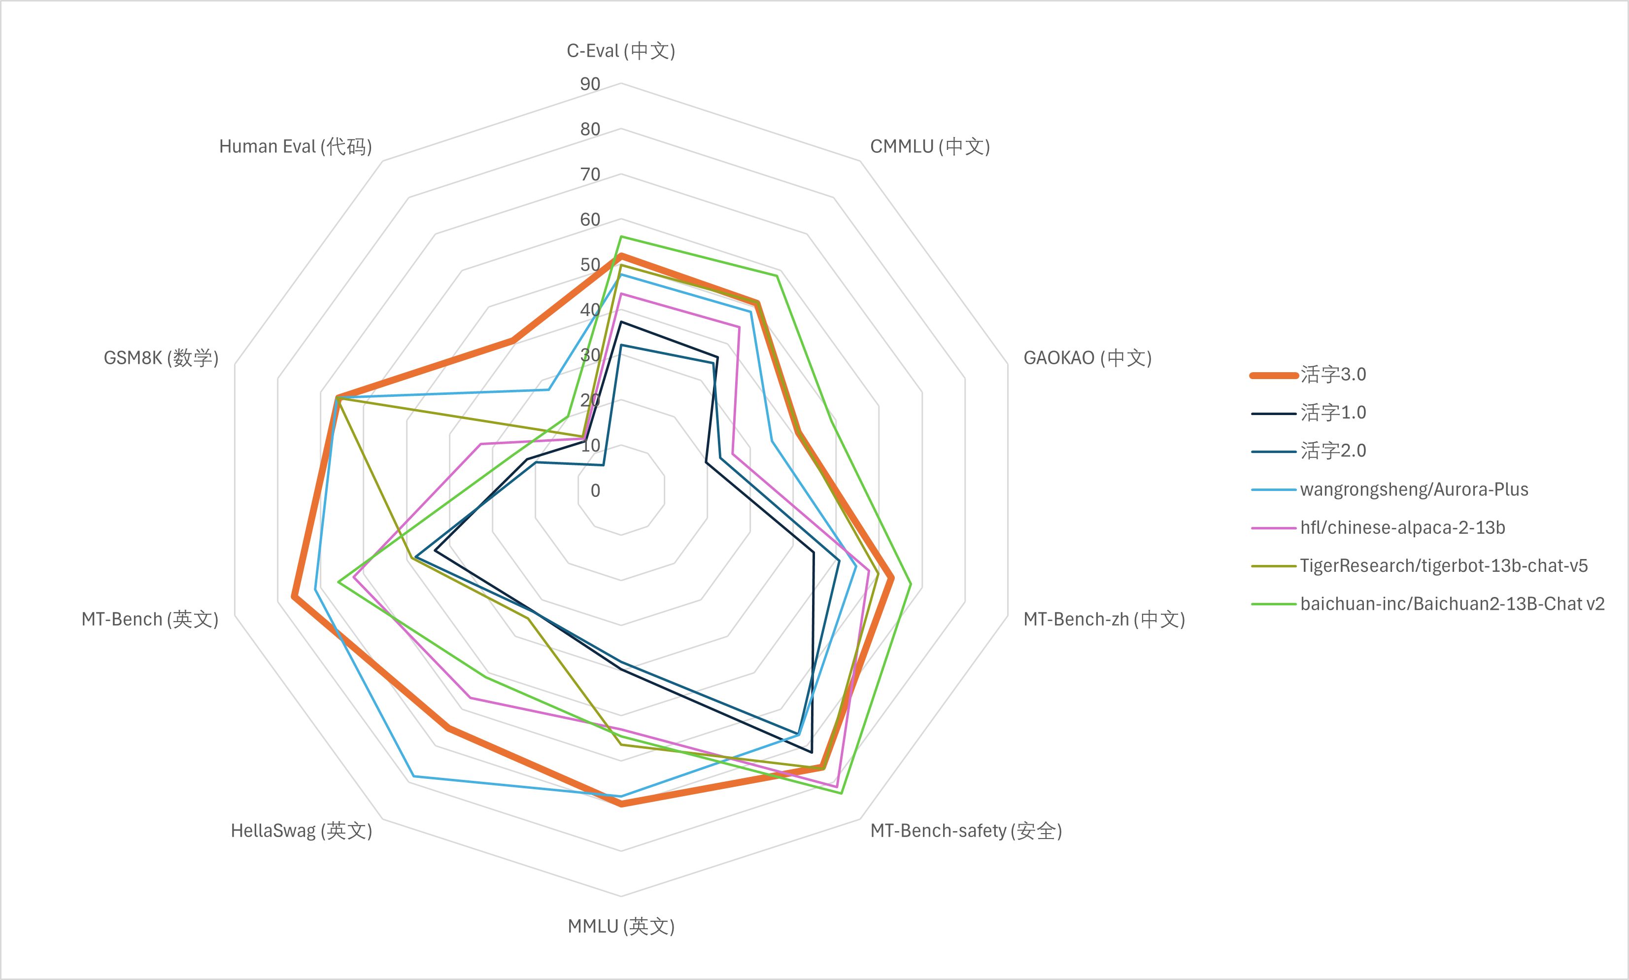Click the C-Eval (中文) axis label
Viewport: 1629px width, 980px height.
click(620, 51)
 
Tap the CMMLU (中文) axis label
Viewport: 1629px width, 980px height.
click(929, 146)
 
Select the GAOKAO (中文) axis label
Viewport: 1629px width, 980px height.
click(1087, 358)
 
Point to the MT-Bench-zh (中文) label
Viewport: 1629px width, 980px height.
click(1104, 620)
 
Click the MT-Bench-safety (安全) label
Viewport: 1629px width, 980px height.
click(966, 831)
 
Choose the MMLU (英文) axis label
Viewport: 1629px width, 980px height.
click(620, 926)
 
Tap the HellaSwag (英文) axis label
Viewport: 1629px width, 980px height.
click(301, 831)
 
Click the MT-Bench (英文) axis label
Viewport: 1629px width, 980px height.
click(150, 620)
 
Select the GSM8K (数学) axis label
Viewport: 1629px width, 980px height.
click(161, 358)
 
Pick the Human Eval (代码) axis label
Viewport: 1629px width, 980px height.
click(295, 146)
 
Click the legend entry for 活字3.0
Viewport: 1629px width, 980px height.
click(1332, 375)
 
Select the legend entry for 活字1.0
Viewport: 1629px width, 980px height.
click(1332, 413)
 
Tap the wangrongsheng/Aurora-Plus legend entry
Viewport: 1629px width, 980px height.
click(1413, 490)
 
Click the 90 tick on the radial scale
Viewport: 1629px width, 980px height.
click(590, 84)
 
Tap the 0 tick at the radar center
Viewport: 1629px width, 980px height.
click(595, 490)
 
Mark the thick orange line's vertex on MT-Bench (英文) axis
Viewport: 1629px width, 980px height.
click(294, 597)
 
